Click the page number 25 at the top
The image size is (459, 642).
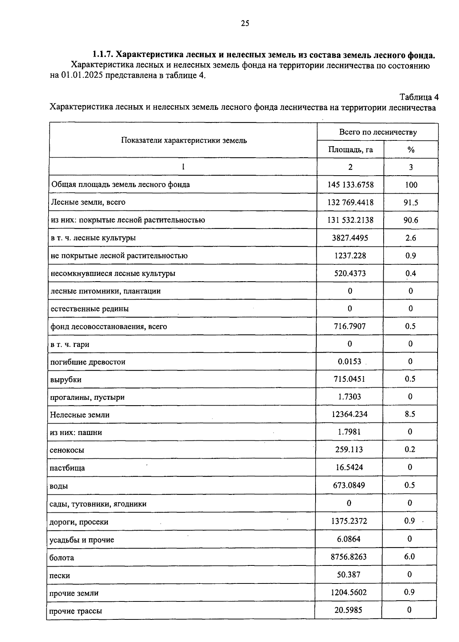pos(245,24)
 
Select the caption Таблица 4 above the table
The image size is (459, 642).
pos(419,97)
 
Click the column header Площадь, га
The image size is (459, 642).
pos(350,150)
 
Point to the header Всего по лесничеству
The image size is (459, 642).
pos(378,132)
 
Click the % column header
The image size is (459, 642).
pos(411,150)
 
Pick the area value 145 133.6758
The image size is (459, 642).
pos(350,185)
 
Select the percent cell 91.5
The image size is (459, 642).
pos(411,202)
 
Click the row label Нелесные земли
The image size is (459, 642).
pos(80,415)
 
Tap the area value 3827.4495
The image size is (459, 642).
pos(350,238)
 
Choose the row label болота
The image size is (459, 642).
pos(62,557)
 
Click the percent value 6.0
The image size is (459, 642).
pos(410,556)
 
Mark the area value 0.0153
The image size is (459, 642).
pos(350,362)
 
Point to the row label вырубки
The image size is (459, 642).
pos(65,380)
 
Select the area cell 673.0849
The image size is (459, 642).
pos(349,485)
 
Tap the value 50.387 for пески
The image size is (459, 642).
pos(348,574)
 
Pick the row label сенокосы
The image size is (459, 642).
pos(67,450)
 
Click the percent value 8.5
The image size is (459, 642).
pos(410,414)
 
